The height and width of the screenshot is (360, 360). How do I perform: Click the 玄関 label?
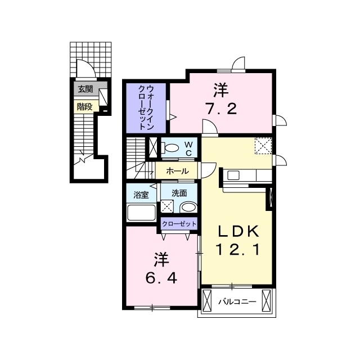(x=85, y=89)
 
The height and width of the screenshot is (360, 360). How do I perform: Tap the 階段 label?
(x=84, y=107)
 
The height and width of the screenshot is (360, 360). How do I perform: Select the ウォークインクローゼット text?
(x=146, y=107)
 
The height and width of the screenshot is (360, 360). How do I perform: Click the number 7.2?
(x=221, y=109)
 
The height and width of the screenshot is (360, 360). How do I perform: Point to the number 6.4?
(x=161, y=278)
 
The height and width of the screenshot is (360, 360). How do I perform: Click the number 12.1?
(x=238, y=249)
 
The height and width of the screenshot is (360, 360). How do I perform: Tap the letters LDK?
(x=238, y=231)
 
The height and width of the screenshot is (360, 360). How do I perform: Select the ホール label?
(x=177, y=171)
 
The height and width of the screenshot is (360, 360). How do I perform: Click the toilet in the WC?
(x=170, y=147)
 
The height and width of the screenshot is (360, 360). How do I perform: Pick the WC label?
(x=188, y=148)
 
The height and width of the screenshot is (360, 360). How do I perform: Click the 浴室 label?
(x=141, y=195)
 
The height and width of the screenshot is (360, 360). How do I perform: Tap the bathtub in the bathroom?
(x=142, y=213)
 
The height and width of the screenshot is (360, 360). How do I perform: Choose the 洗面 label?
(x=179, y=193)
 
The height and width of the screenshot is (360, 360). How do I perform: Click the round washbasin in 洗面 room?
(x=188, y=207)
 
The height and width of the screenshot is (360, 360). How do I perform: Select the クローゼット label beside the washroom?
(x=179, y=223)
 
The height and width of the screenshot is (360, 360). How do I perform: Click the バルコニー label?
(x=237, y=301)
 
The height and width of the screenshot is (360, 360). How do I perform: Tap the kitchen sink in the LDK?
(x=233, y=176)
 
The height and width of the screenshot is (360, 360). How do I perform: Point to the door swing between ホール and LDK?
(x=209, y=170)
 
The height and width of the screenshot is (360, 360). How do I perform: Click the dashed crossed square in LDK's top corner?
(x=263, y=146)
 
